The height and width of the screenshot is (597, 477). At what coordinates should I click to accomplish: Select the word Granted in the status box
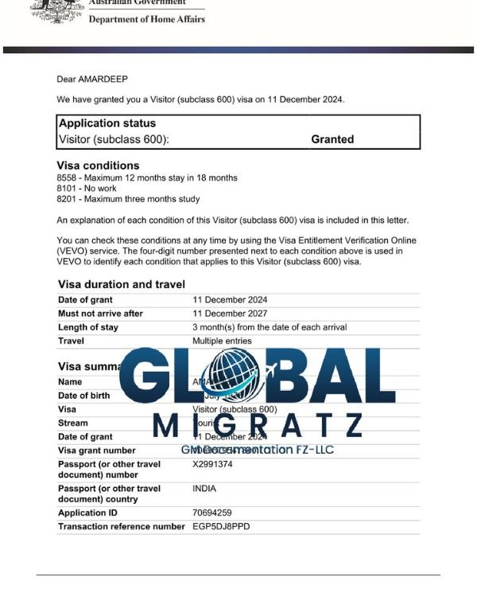[332, 139]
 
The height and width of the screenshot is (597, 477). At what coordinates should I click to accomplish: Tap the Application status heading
[107, 123]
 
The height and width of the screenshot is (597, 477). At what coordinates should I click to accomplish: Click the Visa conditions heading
[98, 166]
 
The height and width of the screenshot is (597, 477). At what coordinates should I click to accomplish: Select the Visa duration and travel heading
[122, 284]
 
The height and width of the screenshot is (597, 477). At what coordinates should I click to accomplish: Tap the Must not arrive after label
[100, 314]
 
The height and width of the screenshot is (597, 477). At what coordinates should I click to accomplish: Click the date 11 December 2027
[230, 314]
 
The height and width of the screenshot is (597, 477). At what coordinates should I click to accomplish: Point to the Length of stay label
[88, 327]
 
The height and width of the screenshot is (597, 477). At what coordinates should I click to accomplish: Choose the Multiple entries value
[222, 341]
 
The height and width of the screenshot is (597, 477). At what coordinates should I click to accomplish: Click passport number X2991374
[218, 464]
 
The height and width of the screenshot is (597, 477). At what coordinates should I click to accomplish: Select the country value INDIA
[204, 489]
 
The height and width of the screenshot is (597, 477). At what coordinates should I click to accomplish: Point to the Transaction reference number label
[121, 527]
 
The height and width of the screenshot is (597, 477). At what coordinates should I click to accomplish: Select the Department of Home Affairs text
[146, 19]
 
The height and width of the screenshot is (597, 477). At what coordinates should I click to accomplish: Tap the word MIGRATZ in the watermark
[258, 426]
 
